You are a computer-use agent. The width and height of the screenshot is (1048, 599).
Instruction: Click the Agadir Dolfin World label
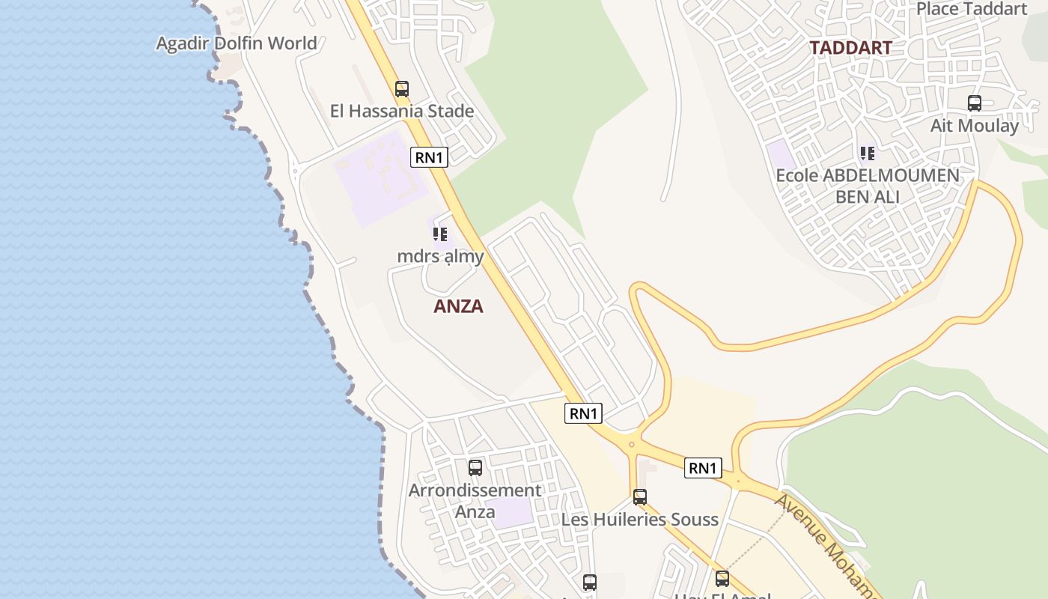[237, 43]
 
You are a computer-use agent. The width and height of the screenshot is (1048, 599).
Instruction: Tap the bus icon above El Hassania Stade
[402, 89]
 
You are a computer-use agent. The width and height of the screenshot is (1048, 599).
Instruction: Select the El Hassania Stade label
[402, 111]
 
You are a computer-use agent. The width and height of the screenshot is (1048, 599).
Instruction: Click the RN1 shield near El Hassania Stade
[430, 157]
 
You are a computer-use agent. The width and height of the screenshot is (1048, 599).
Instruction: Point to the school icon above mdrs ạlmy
[440, 234]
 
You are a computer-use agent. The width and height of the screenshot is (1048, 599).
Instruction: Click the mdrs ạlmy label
[440, 256]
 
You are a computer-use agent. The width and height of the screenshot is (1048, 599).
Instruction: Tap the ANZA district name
[458, 306]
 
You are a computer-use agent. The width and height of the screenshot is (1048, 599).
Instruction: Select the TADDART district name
[850, 48]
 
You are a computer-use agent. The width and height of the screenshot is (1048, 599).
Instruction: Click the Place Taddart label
[972, 9]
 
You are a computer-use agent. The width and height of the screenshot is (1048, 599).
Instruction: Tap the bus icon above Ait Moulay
[974, 103]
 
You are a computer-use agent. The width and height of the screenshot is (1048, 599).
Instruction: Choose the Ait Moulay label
[974, 125]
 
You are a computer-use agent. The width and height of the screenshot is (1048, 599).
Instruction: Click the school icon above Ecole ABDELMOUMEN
[867, 153]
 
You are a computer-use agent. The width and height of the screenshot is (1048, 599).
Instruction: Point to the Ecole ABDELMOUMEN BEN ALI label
[867, 186]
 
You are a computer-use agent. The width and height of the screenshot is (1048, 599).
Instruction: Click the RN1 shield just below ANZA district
[583, 413]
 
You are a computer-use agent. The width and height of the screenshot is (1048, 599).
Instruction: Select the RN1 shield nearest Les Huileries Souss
[703, 469]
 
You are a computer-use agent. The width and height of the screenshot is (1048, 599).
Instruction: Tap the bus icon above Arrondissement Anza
[475, 468]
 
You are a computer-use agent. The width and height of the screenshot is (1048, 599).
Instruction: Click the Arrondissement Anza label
[475, 501]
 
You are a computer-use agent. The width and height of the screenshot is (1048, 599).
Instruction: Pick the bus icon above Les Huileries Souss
[639, 496]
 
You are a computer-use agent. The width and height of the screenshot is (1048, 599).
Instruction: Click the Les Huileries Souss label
[639, 519]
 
